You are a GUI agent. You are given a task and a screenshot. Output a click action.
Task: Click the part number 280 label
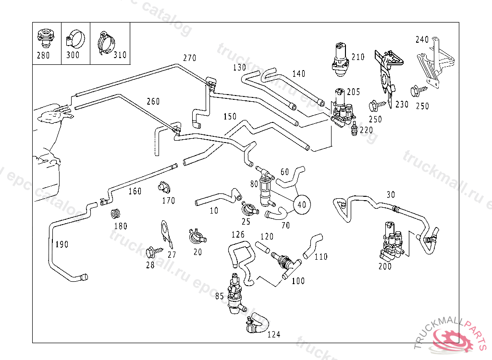pyautogui.click(x=43, y=55)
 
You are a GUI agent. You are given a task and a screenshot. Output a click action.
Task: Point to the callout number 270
pyautogui.click(x=190, y=58)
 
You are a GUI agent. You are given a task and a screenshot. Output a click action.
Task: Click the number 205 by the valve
pyautogui.click(x=354, y=92)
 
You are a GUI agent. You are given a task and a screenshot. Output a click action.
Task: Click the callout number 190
pyautogui.click(x=61, y=244)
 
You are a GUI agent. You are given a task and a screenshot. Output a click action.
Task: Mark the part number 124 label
pyautogui.click(x=274, y=335)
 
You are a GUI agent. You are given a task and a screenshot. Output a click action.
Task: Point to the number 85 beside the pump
pyautogui.click(x=220, y=297)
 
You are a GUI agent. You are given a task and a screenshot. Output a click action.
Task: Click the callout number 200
pyautogui.click(x=385, y=266)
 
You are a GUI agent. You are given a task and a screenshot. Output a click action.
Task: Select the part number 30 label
pyautogui.click(x=391, y=194)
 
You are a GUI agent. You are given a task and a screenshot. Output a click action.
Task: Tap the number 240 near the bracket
pyautogui.click(x=422, y=40)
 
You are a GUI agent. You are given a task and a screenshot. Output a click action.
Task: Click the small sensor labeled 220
pyautogui.click(x=355, y=128)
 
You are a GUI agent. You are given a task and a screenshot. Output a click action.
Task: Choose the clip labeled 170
pyautogui.click(x=164, y=186)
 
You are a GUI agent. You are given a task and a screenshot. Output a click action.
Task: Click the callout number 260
pyautogui.click(x=153, y=102)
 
